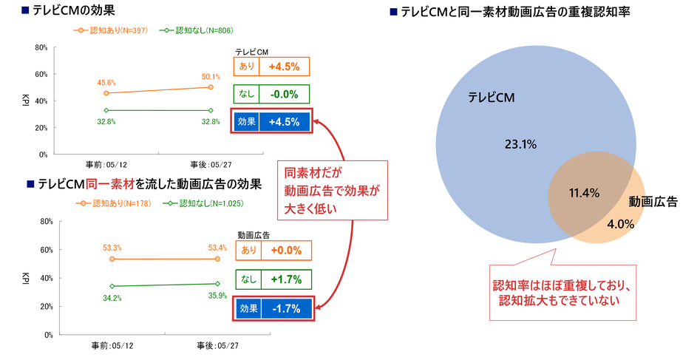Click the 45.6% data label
(x=106, y=83)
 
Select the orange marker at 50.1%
(x=211, y=87)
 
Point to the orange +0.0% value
(x=286, y=250)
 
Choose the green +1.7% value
(x=286, y=279)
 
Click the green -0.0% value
(x=284, y=94)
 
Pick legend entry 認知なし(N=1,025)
(x=204, y=203)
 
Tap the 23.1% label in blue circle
(x=520, y=144)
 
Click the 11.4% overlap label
(x=584, y=193)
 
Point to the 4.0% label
(x=621, y=224)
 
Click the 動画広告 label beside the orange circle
(x=653, y=202)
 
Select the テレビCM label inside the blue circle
(x=492, y=98)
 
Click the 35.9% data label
(x=217, y=296)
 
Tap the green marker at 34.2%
(x=112, y=286)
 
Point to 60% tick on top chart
(x=41, y=74)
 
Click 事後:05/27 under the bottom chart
(x=217, y=346)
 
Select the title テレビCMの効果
(x=73, y=10)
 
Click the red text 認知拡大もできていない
(x=560, y=300)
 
